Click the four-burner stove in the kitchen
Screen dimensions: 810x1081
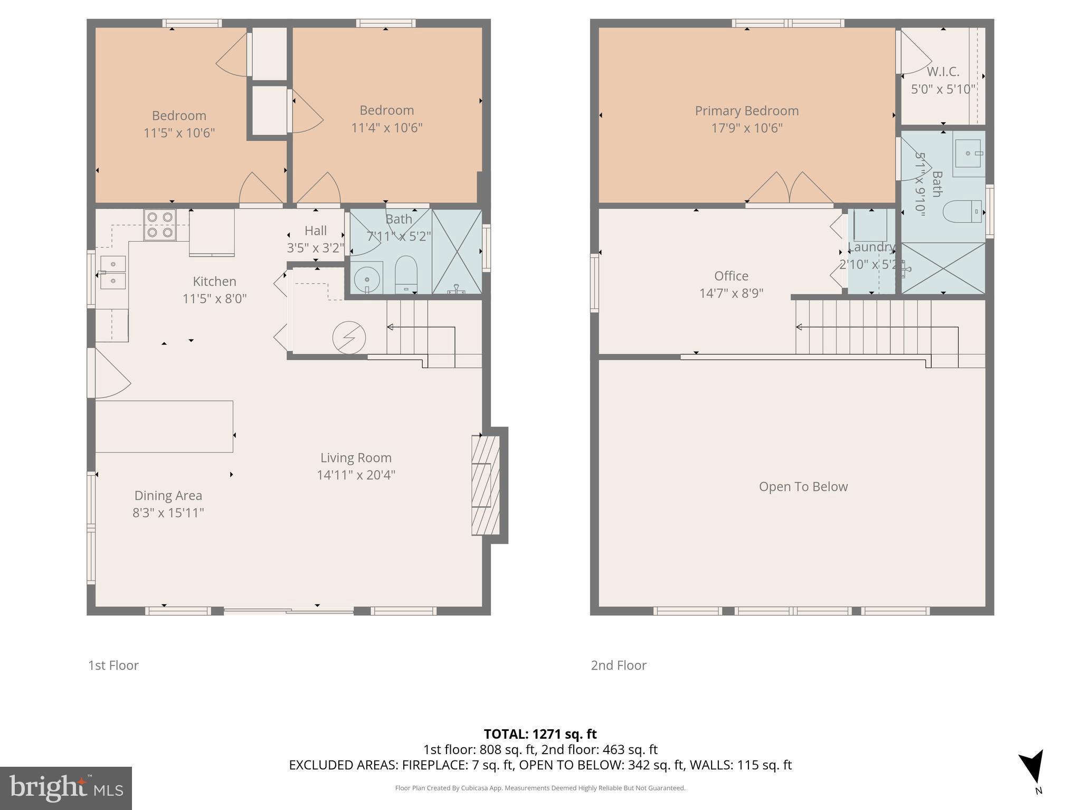[x=160, y=225]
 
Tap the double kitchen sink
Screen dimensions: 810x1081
[x=113, y=273]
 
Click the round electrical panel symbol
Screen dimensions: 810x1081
[x=349, y=337]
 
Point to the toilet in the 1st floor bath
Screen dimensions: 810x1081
[x=406, y=274]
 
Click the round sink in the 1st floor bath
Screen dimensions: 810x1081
[x=367, y=278]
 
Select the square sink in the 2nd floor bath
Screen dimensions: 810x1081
[x=968, y=153]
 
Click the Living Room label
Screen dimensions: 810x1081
[x=356, y=458]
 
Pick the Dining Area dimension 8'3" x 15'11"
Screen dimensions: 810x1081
[x=168, y=513]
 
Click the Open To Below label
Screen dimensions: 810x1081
[x=803, y=487]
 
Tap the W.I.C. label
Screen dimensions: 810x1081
[x=943, y=72]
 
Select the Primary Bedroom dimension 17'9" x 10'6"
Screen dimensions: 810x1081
[x=746, y=128]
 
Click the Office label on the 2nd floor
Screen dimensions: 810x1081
[x=731, y=276]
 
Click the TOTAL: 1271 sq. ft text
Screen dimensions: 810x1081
[x=540, y=734]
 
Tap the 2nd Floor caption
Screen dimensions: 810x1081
[x=618, y=666]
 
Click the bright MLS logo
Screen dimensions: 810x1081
[x=66, y=788]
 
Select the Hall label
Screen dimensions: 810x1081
[x=315, y=230]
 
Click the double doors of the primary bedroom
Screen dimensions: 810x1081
[x=789, y=189]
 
